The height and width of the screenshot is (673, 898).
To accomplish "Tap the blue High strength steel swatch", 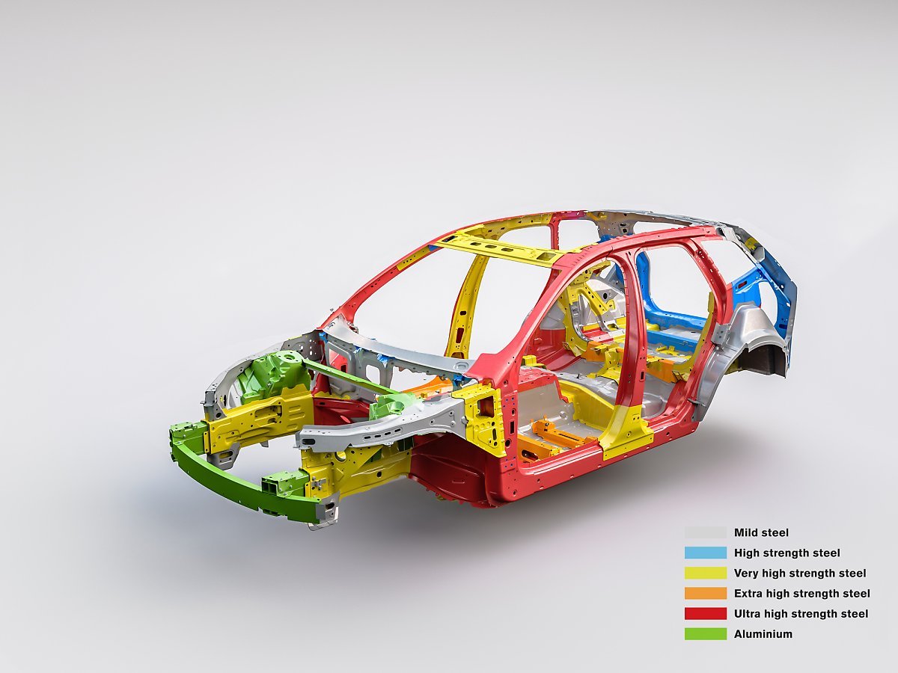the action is coord(706,553).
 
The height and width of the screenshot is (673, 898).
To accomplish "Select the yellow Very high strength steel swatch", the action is coord(706,574).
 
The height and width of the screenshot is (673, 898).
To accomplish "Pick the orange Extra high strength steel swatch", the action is coord(706,593).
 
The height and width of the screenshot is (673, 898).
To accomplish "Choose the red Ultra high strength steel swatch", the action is coord(706,614).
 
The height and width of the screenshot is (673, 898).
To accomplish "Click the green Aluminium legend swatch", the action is coord(706,634).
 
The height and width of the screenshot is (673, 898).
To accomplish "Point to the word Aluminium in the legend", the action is coord(763,634).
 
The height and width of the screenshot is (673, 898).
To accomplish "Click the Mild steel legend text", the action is coord(761,533).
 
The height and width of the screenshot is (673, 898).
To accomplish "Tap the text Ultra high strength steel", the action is coord(801,614).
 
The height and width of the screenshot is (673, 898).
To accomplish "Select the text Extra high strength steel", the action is coord(802,593).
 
